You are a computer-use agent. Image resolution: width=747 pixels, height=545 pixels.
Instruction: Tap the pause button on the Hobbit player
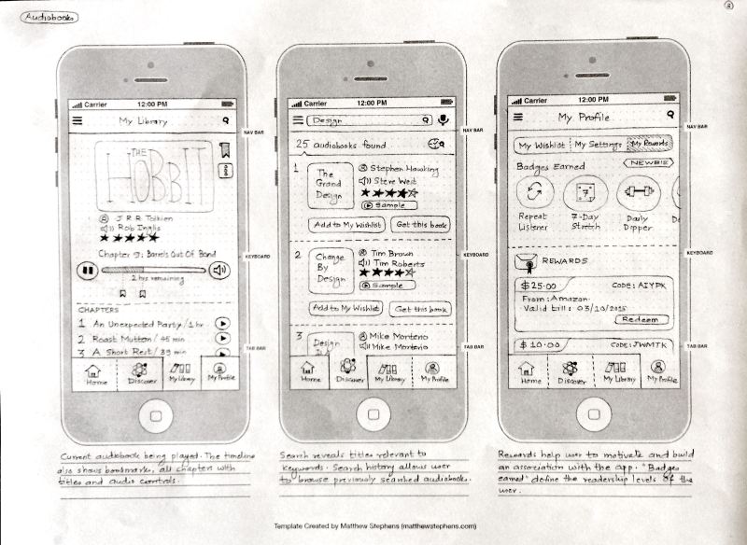[87, 271]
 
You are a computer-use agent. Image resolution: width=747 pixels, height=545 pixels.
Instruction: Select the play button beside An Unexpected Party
[223, 323]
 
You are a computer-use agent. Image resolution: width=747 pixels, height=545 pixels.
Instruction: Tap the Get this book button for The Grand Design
[421, 225]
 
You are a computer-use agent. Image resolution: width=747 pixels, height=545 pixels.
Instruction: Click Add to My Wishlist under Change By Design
[345, 308]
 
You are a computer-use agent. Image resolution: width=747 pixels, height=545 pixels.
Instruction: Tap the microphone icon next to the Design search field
[443, 120]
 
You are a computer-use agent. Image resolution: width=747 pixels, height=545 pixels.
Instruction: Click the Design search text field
[369, 120]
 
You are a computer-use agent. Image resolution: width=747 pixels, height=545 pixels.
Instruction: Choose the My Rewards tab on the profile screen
[648, 145]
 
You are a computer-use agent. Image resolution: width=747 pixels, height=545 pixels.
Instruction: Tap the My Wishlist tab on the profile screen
[542, 146]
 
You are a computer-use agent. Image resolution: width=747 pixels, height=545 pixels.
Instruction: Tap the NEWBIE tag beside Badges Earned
[649, 162]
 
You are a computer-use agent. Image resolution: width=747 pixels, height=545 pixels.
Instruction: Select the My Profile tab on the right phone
[662, 373]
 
